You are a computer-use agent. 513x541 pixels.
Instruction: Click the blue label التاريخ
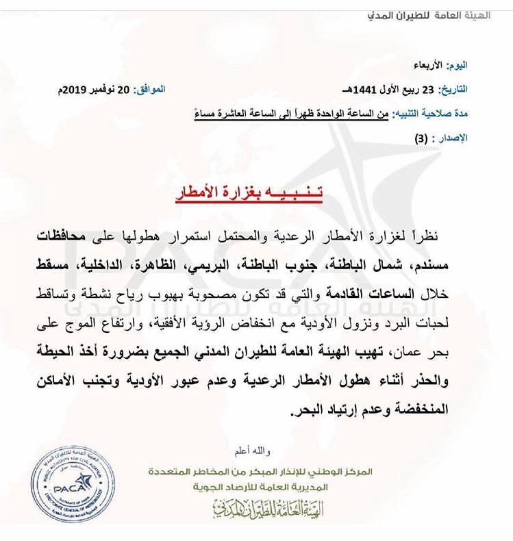pos(453,89)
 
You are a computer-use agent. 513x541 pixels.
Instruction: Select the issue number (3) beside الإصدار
pos(420,137)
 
